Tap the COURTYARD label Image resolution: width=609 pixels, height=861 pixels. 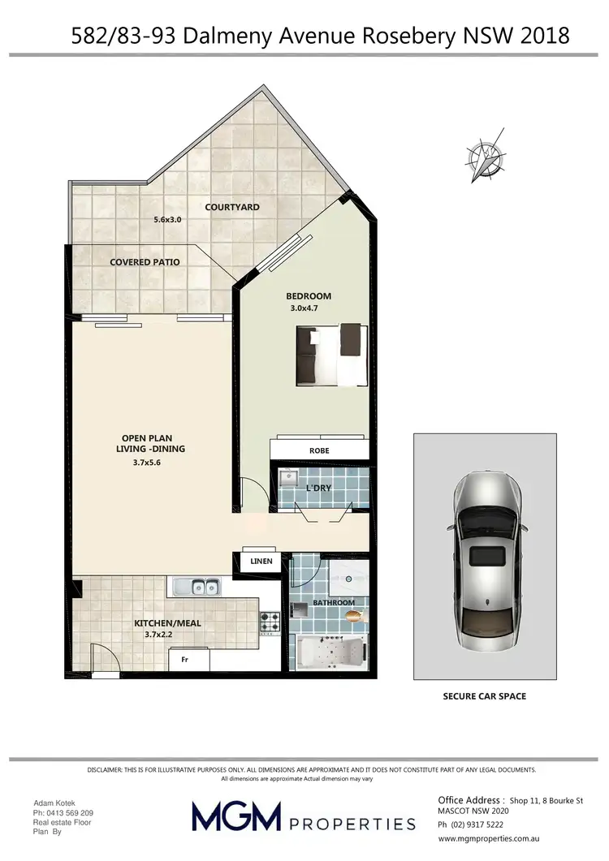(x=232, y=207)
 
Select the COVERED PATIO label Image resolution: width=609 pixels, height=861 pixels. (x=145, y=262)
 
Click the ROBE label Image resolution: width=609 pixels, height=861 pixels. (x=319, y=450)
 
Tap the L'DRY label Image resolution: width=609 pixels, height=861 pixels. (x=318, y=488)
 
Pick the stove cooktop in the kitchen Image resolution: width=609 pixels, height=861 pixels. (x=270, y=622)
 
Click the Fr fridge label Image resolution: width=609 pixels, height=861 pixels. (x=185, y=660)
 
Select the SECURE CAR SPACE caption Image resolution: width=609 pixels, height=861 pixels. (x=484, y=696)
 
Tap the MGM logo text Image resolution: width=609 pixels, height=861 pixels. (x=235, y=816)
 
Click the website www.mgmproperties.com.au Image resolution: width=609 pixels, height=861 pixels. (x=489, y=838)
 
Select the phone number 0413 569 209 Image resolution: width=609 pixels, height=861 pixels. (x=63, y=813)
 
